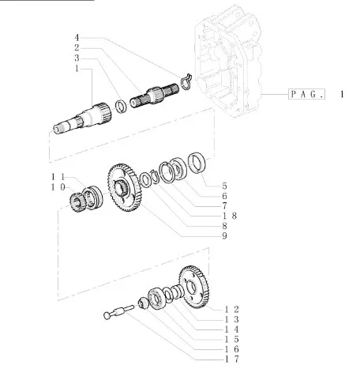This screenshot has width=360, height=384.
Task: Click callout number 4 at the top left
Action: pos(77,38)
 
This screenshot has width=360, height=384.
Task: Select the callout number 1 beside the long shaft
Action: pos(77,69)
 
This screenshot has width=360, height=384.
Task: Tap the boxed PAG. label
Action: pos(306,94)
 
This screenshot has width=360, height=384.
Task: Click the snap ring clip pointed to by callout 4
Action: pos(186,81)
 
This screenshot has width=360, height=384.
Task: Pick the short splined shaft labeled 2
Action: pos(155,96)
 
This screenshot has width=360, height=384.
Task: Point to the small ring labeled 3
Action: pos(121,107)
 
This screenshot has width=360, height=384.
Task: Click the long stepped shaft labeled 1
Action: pos(82,118)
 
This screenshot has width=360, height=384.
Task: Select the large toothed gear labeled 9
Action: pos(125,187)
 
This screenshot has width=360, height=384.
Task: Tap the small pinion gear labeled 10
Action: pos(77,202)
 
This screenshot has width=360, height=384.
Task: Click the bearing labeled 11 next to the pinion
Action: pos(92,198)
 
